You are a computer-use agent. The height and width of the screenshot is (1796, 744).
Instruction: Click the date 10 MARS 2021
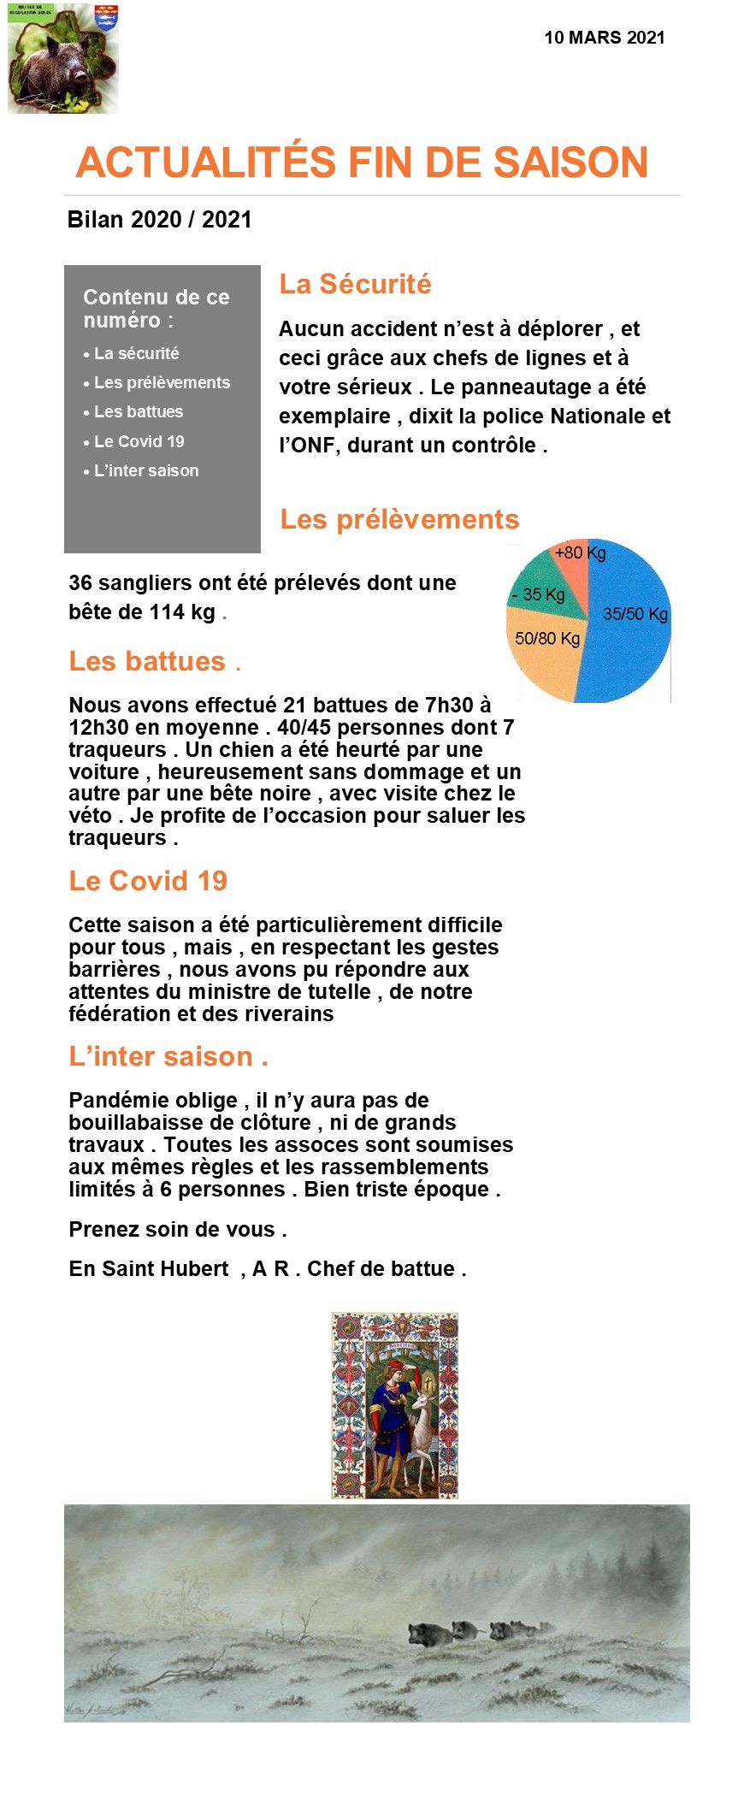(604, 38)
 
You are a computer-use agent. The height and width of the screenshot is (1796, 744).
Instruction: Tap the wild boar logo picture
(62, 59)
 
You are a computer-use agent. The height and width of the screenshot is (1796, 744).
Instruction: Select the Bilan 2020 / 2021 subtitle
(159, 220)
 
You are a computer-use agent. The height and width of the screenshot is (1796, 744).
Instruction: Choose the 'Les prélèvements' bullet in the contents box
(162, 383)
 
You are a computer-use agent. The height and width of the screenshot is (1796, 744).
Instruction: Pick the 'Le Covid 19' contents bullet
(139, 442)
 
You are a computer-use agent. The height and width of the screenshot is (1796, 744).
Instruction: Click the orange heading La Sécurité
(355, 284)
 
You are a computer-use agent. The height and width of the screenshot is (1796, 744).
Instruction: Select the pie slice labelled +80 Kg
(571, 569)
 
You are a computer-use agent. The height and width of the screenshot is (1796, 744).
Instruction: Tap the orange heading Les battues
(147, 661)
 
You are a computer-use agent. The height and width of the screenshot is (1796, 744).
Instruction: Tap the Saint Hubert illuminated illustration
(394, 1405)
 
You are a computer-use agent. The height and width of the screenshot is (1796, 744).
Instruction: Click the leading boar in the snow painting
(428, 1632)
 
